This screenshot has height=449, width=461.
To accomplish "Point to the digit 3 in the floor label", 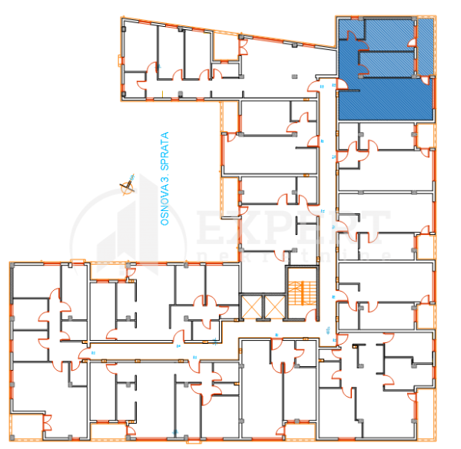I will point(164,178).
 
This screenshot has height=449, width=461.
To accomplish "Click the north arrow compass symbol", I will point(128,184).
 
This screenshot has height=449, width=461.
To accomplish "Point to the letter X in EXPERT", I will point(247,228).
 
